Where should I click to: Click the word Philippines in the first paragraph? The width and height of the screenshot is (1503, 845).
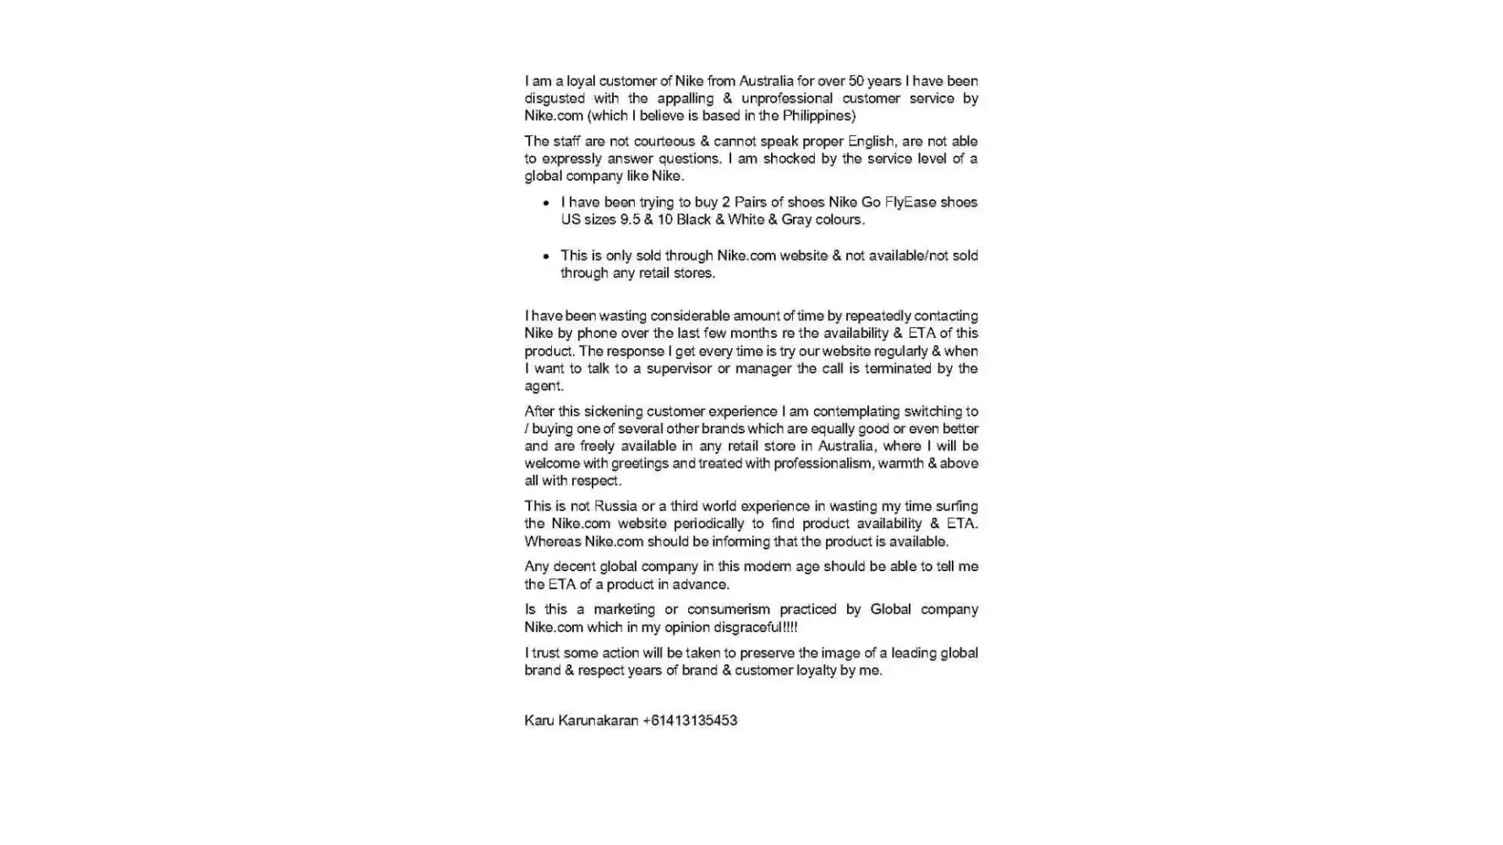818,116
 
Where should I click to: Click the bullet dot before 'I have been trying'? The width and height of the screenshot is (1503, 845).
546,203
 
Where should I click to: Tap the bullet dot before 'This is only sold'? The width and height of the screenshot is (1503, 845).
546,256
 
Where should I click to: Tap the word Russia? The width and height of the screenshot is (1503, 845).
615,506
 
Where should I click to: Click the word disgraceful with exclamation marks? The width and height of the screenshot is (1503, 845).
755,627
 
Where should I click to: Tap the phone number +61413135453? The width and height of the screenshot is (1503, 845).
690,721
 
